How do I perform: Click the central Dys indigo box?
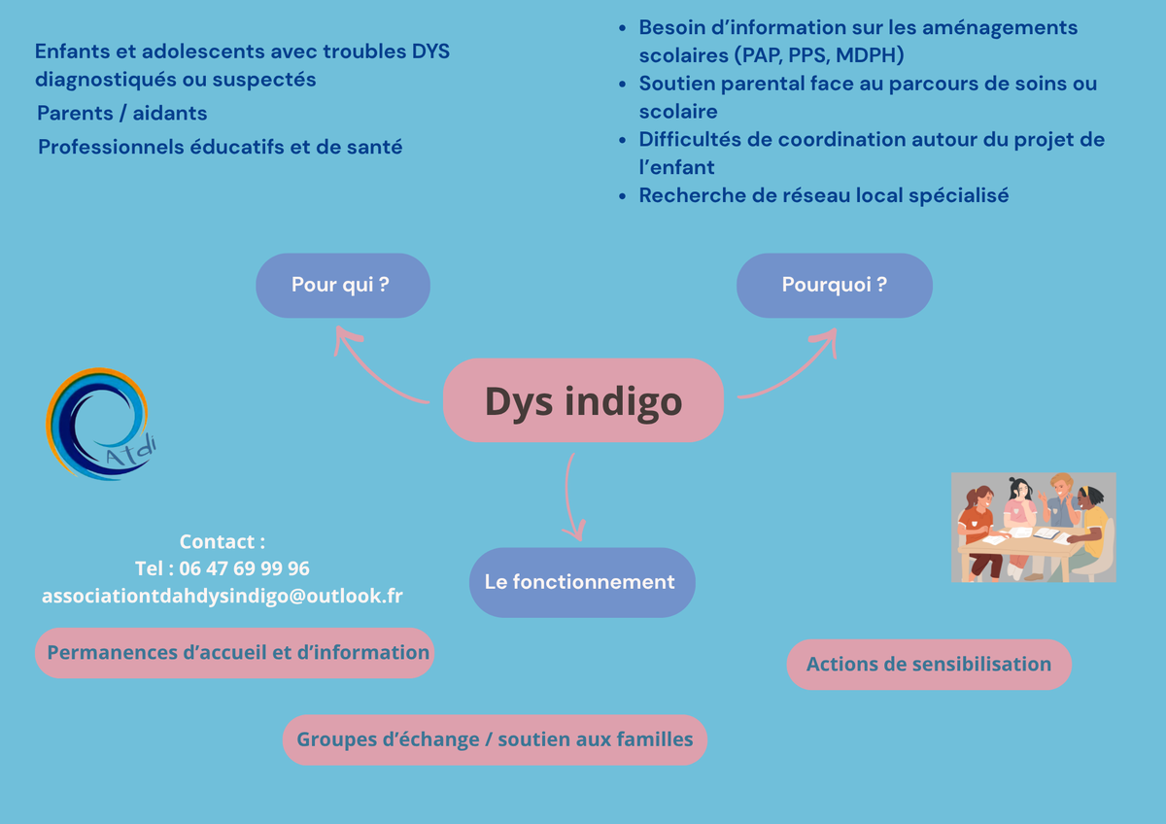coord(583,400)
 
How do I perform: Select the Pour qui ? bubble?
coord(342,286)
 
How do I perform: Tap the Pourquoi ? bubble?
coord(834,286)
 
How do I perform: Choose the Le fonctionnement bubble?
coord(582,582)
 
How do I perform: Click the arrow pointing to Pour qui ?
coord(372,374)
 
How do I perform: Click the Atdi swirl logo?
coord(100,424)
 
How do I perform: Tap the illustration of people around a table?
coord(1033,528)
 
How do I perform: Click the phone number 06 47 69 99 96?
coord(244,568)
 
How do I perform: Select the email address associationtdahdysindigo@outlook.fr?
coord(223,596)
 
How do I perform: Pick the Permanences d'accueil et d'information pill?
coord(235,653)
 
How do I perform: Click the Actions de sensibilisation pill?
coord(929,665)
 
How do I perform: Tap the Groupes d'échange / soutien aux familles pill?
coord(495,739)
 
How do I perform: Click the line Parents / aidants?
coord(121,113)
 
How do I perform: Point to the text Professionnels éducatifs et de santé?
coord(221,147)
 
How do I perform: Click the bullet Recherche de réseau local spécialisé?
coord(824,195)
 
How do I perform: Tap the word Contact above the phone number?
coord(217,542)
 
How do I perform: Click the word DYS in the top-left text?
coord(430,51)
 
